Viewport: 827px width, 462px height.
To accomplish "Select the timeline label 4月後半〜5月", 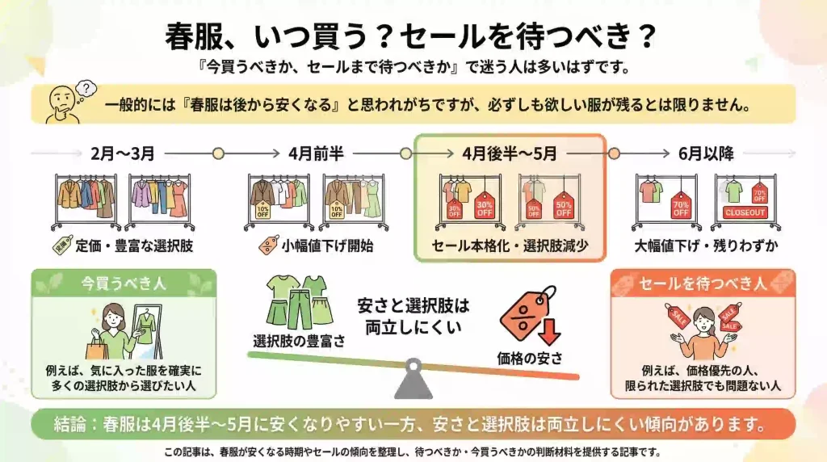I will coord(510,153).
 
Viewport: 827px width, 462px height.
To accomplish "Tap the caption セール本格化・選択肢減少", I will coord(510,245).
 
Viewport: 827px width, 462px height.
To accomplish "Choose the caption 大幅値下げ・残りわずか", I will coord(703,245).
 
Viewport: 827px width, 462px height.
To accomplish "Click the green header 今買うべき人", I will coord(124,283).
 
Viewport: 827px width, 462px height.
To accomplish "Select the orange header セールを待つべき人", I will coord(703,283).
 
